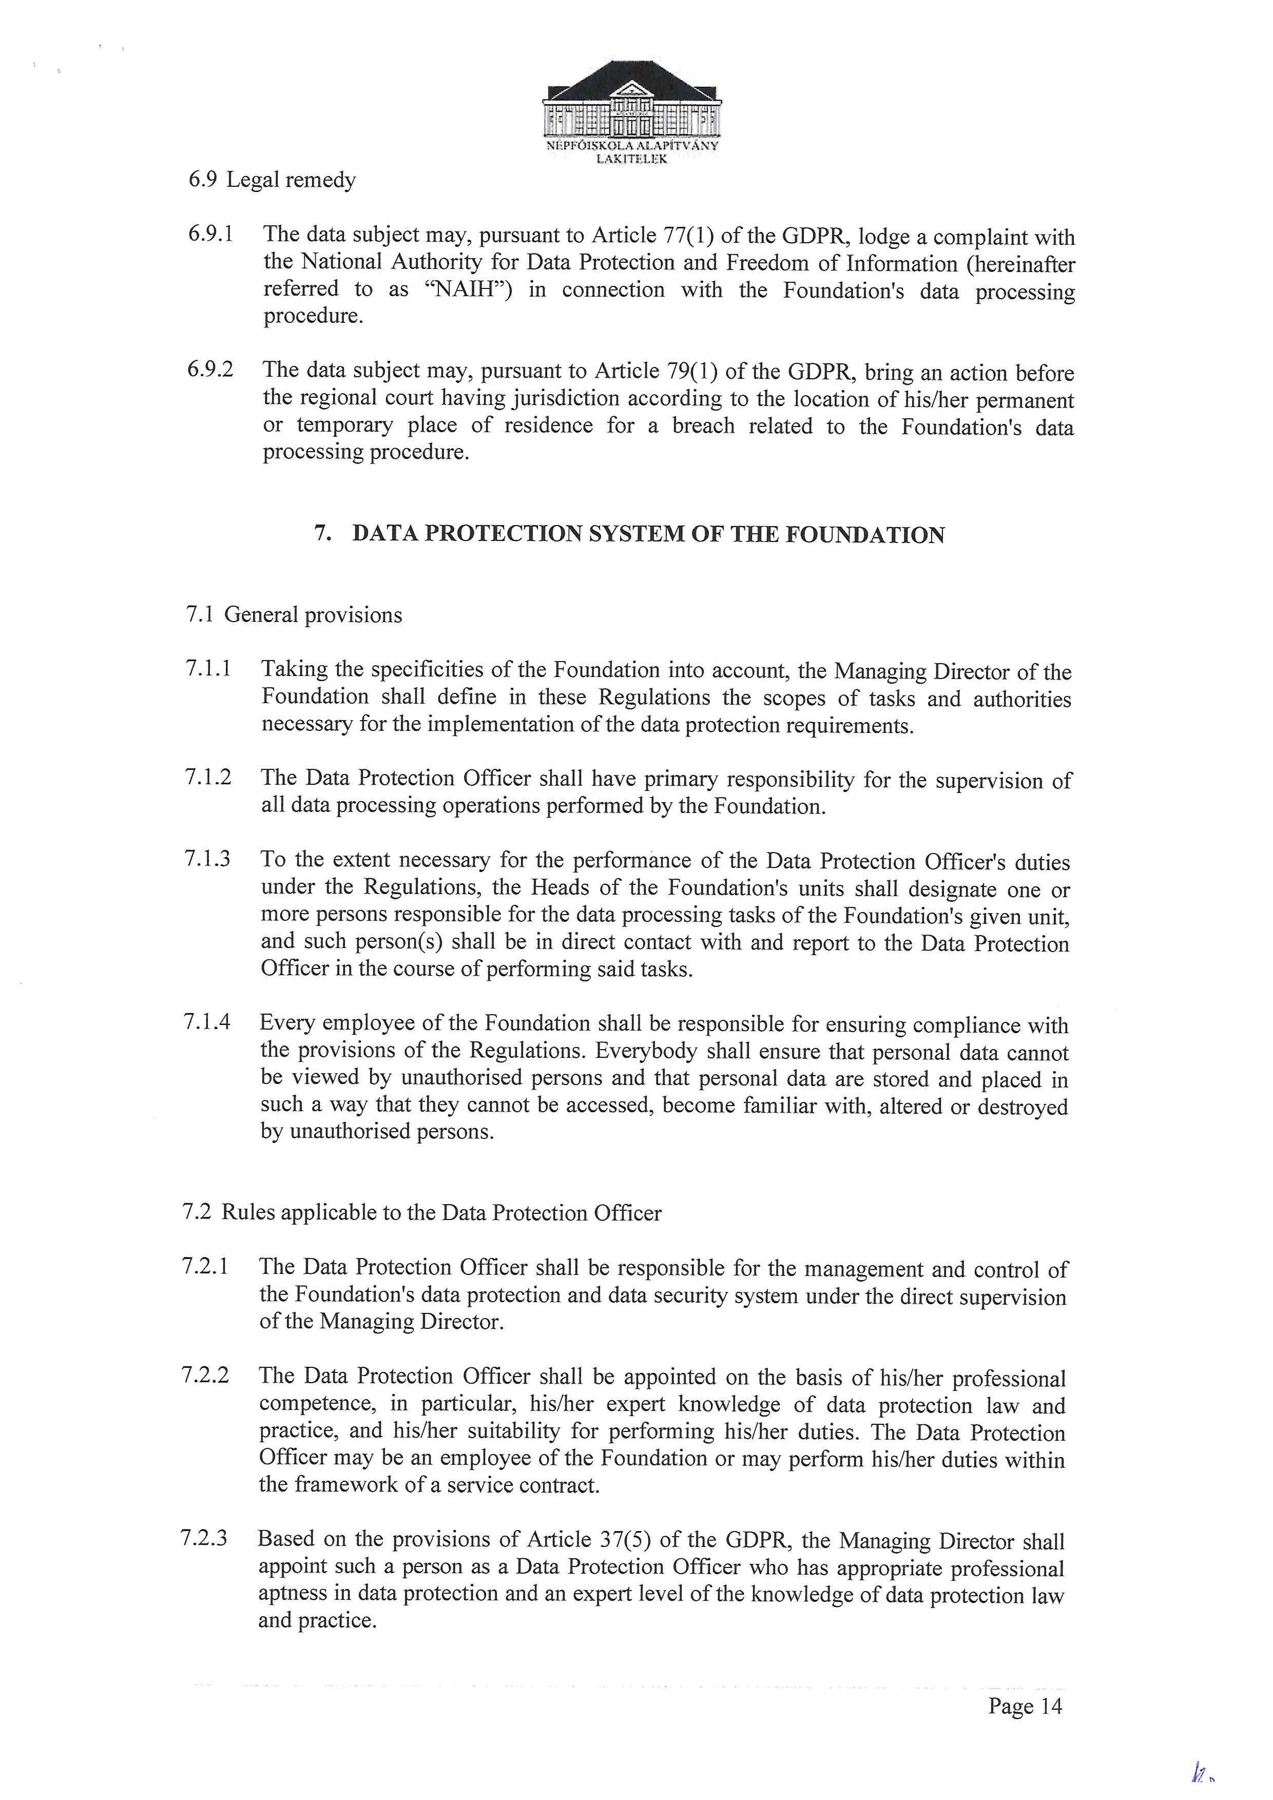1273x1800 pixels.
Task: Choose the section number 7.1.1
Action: tap(208, 669)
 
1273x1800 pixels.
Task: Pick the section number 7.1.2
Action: tap(208, 777)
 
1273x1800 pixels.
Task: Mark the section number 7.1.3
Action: tap(208, 859)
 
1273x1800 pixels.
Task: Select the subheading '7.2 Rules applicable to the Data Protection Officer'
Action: tap(422, 1213)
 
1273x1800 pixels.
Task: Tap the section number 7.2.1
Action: tap(205, 1267)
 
